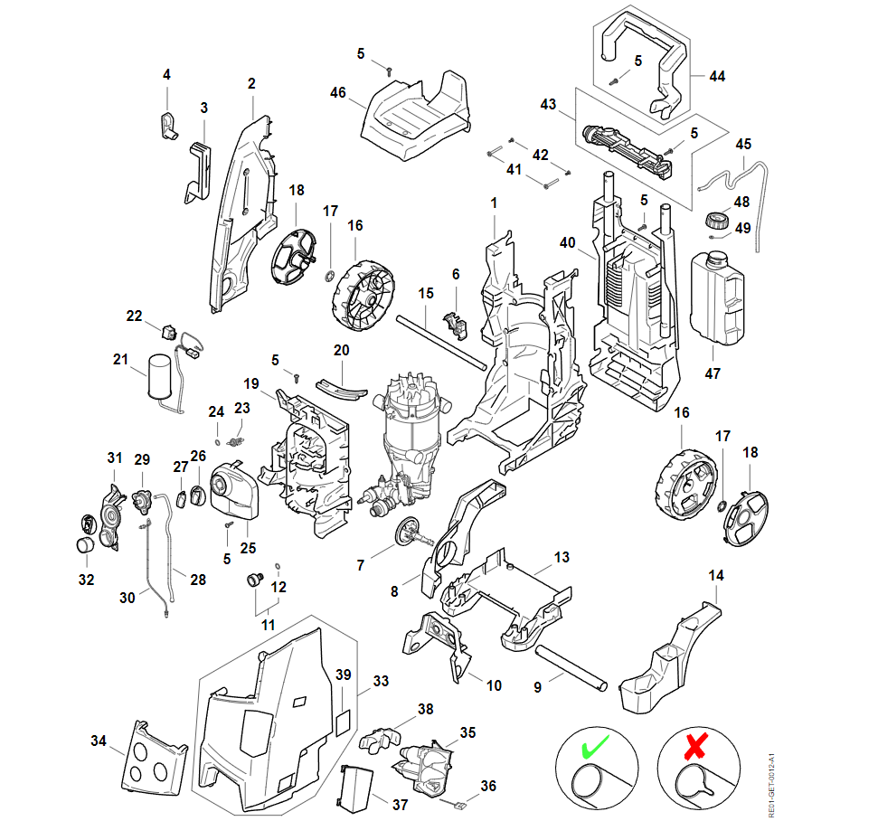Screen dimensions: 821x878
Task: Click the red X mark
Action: click(x=694, y=747)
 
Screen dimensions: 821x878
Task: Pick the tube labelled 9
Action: click(x=570, y=668)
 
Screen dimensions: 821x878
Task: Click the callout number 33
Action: click(x=381, y=680)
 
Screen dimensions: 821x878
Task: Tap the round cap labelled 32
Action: click(x=84, y=545)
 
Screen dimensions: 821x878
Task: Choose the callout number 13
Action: click(x=562, y=557)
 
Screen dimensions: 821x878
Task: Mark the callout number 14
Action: click(x=716, y=575)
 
